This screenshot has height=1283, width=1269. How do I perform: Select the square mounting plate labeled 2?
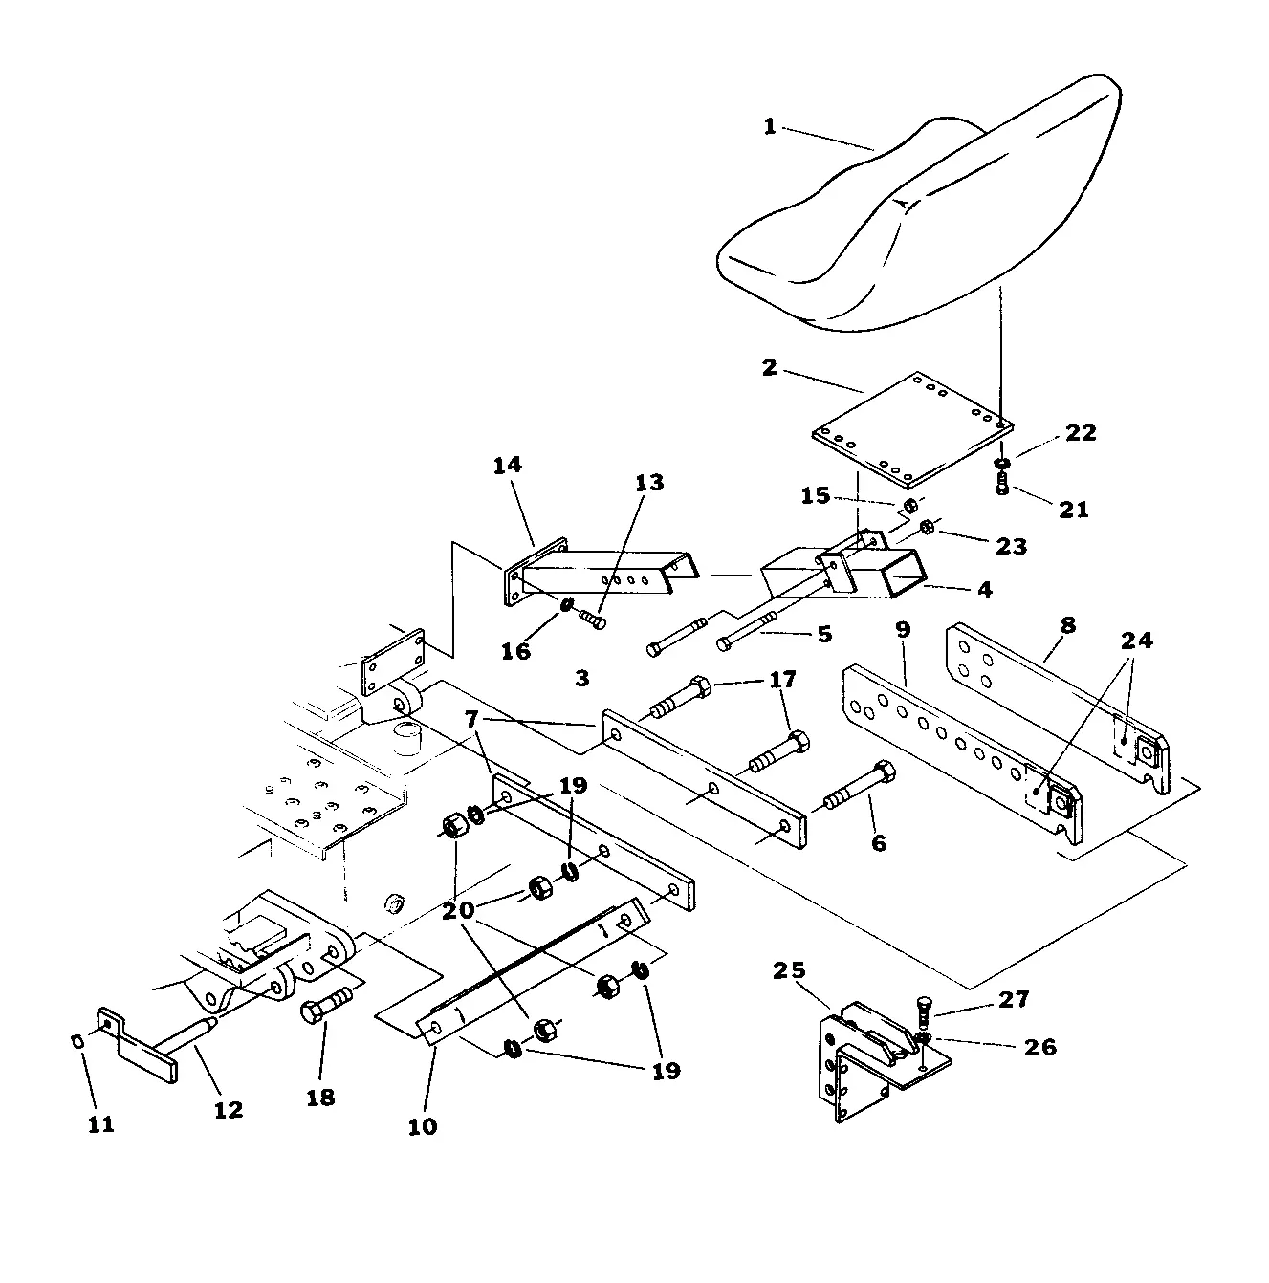(x=912, y=429)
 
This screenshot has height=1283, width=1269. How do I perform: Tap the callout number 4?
(x=984, y=589)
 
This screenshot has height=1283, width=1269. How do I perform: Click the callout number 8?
(x=1067, y=625)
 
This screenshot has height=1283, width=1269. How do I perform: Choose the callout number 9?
(x=902, y=629)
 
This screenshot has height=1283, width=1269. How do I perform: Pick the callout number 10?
(x=423, y=1126)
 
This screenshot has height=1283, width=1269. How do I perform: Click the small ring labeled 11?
(x=77, y=1041)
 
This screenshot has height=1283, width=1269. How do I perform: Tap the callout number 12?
(x=229, y=1110)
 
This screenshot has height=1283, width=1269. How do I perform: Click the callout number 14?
(x=508, y=465)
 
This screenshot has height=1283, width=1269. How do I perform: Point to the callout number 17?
(x=782, y=679)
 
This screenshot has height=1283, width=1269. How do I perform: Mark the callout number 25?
(x=789, y=970)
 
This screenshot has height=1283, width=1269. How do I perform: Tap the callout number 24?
(x=1136, y=641)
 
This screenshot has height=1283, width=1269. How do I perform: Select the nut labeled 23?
(x=926, y=528)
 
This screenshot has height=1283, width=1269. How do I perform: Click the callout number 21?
(x=1073, y=510)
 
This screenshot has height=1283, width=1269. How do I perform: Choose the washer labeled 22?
(x=1002, y=463)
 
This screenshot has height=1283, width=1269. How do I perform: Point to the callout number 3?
(x=582, y=679)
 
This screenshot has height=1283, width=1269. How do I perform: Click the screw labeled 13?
(x=592, y=620)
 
